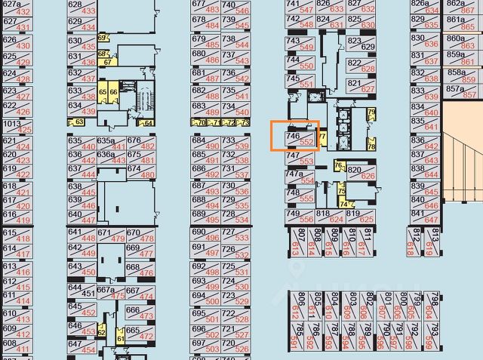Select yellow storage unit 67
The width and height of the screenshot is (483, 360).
109,63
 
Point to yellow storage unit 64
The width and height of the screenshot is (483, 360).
148,123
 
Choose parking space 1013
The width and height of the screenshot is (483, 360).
17,126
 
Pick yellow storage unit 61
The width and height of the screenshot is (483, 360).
120,340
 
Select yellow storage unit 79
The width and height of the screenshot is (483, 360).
371,115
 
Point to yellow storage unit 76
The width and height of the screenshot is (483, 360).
339,166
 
